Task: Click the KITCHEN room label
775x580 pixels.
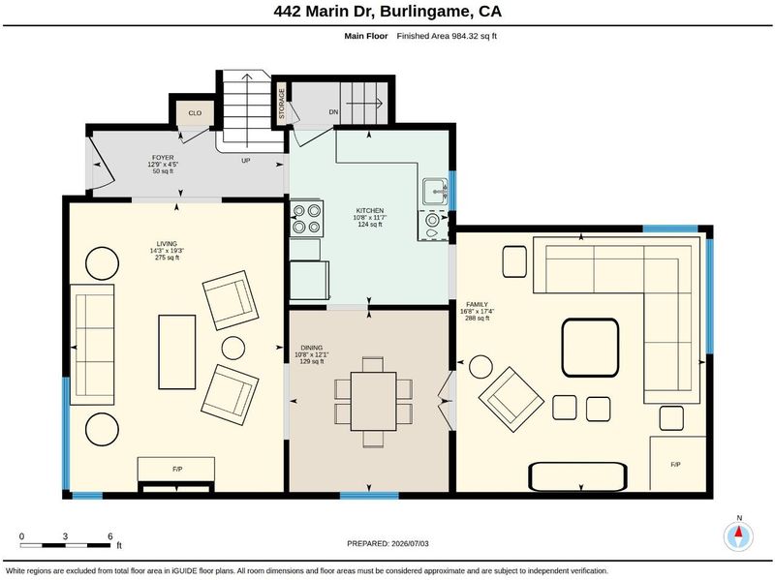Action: click(x=370, y=210)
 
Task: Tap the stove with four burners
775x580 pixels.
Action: click(x=306, y=219)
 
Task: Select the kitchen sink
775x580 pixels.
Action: click(x=435, y=192)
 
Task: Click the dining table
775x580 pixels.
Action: click(x=373, y=401)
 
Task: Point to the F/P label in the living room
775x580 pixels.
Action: click(x=177, y=469)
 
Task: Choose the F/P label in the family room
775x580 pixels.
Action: click(x=675, y=465)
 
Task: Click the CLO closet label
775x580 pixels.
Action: click(x=195, y=113)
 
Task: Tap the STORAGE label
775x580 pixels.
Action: click(x=282, y=104)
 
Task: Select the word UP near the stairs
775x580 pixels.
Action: click(x=246, y=161)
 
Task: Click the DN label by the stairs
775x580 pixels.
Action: click(x=333, y=112)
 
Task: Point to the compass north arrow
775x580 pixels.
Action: click(x=739, y=533)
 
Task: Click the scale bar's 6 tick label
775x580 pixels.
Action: click(x=109, y=536)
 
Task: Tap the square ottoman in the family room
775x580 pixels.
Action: click(x=590, y=348)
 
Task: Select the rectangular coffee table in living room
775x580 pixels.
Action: click(x=177, y=351)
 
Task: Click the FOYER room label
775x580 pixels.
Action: click(x=163, y=158)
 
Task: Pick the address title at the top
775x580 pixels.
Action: click(x=387, y=12)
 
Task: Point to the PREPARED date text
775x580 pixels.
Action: click(x=387, y=543)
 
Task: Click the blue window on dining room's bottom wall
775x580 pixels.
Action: click(x=369, y=495)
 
